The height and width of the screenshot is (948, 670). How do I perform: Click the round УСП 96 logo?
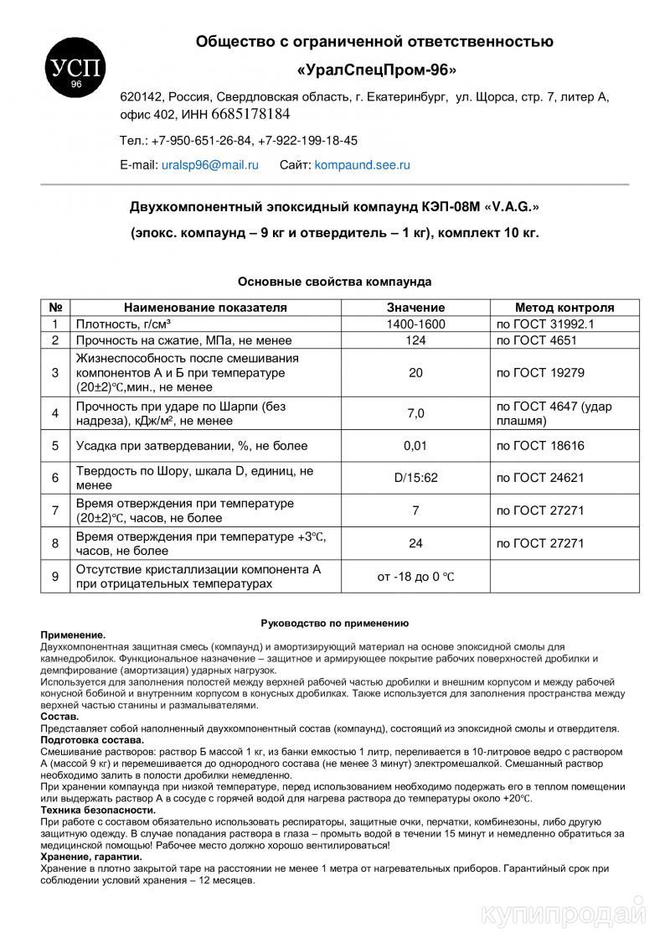75,68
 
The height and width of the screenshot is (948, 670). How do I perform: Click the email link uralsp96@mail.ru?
209,166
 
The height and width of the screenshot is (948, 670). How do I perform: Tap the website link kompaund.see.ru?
362,166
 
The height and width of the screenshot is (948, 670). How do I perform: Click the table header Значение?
415,308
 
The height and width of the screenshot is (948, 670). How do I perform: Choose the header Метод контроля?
564,308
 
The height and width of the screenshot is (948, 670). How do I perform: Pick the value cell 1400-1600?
415,324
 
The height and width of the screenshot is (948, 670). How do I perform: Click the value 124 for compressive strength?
415,340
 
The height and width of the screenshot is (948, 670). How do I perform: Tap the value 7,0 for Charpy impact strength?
415,413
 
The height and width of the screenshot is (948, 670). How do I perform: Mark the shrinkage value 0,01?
415,446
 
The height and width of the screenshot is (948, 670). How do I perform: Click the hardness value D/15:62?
415,478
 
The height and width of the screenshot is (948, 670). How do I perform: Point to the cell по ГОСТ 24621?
540,478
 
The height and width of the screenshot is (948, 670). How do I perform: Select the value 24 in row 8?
415,543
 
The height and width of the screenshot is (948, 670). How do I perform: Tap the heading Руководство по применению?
334,623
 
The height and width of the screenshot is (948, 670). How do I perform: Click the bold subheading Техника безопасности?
98,810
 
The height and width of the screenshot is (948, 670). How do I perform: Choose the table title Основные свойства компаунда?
334,282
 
